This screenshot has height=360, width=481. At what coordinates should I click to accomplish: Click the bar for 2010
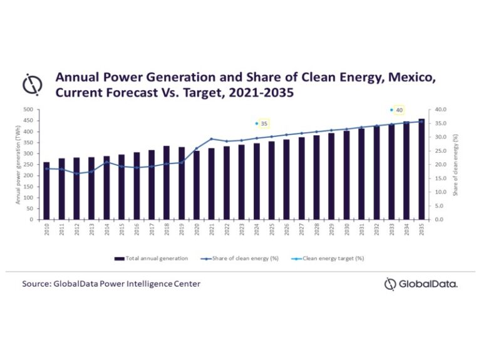coord(46,191)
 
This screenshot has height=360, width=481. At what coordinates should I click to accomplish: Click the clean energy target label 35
coord(264,124)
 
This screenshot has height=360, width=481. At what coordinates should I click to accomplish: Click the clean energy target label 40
coord(399,110)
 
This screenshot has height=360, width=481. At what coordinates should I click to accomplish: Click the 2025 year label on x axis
coord(272,230)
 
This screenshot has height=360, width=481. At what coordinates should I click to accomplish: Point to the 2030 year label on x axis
coord(346,230)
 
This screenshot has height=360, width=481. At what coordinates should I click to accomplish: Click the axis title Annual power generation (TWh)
coord(19,165)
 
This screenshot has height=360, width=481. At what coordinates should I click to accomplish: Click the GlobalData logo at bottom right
coord(420,284)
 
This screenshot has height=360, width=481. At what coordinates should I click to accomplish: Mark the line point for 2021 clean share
coord(212,139)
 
